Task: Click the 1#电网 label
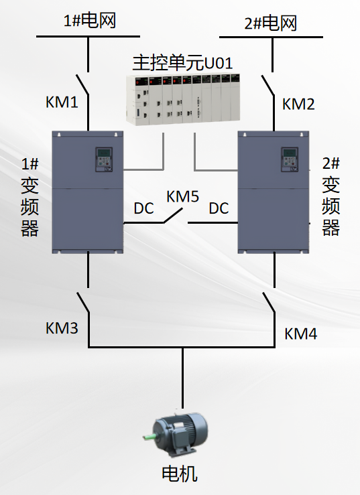(89, 20)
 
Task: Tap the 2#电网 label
(270, 23)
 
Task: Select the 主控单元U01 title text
(182, 64)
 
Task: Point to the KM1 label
(62, 102)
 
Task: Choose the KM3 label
(62, 328)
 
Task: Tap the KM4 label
(300, 333)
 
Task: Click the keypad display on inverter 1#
(104, 160)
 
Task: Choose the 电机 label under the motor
(180, 474)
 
